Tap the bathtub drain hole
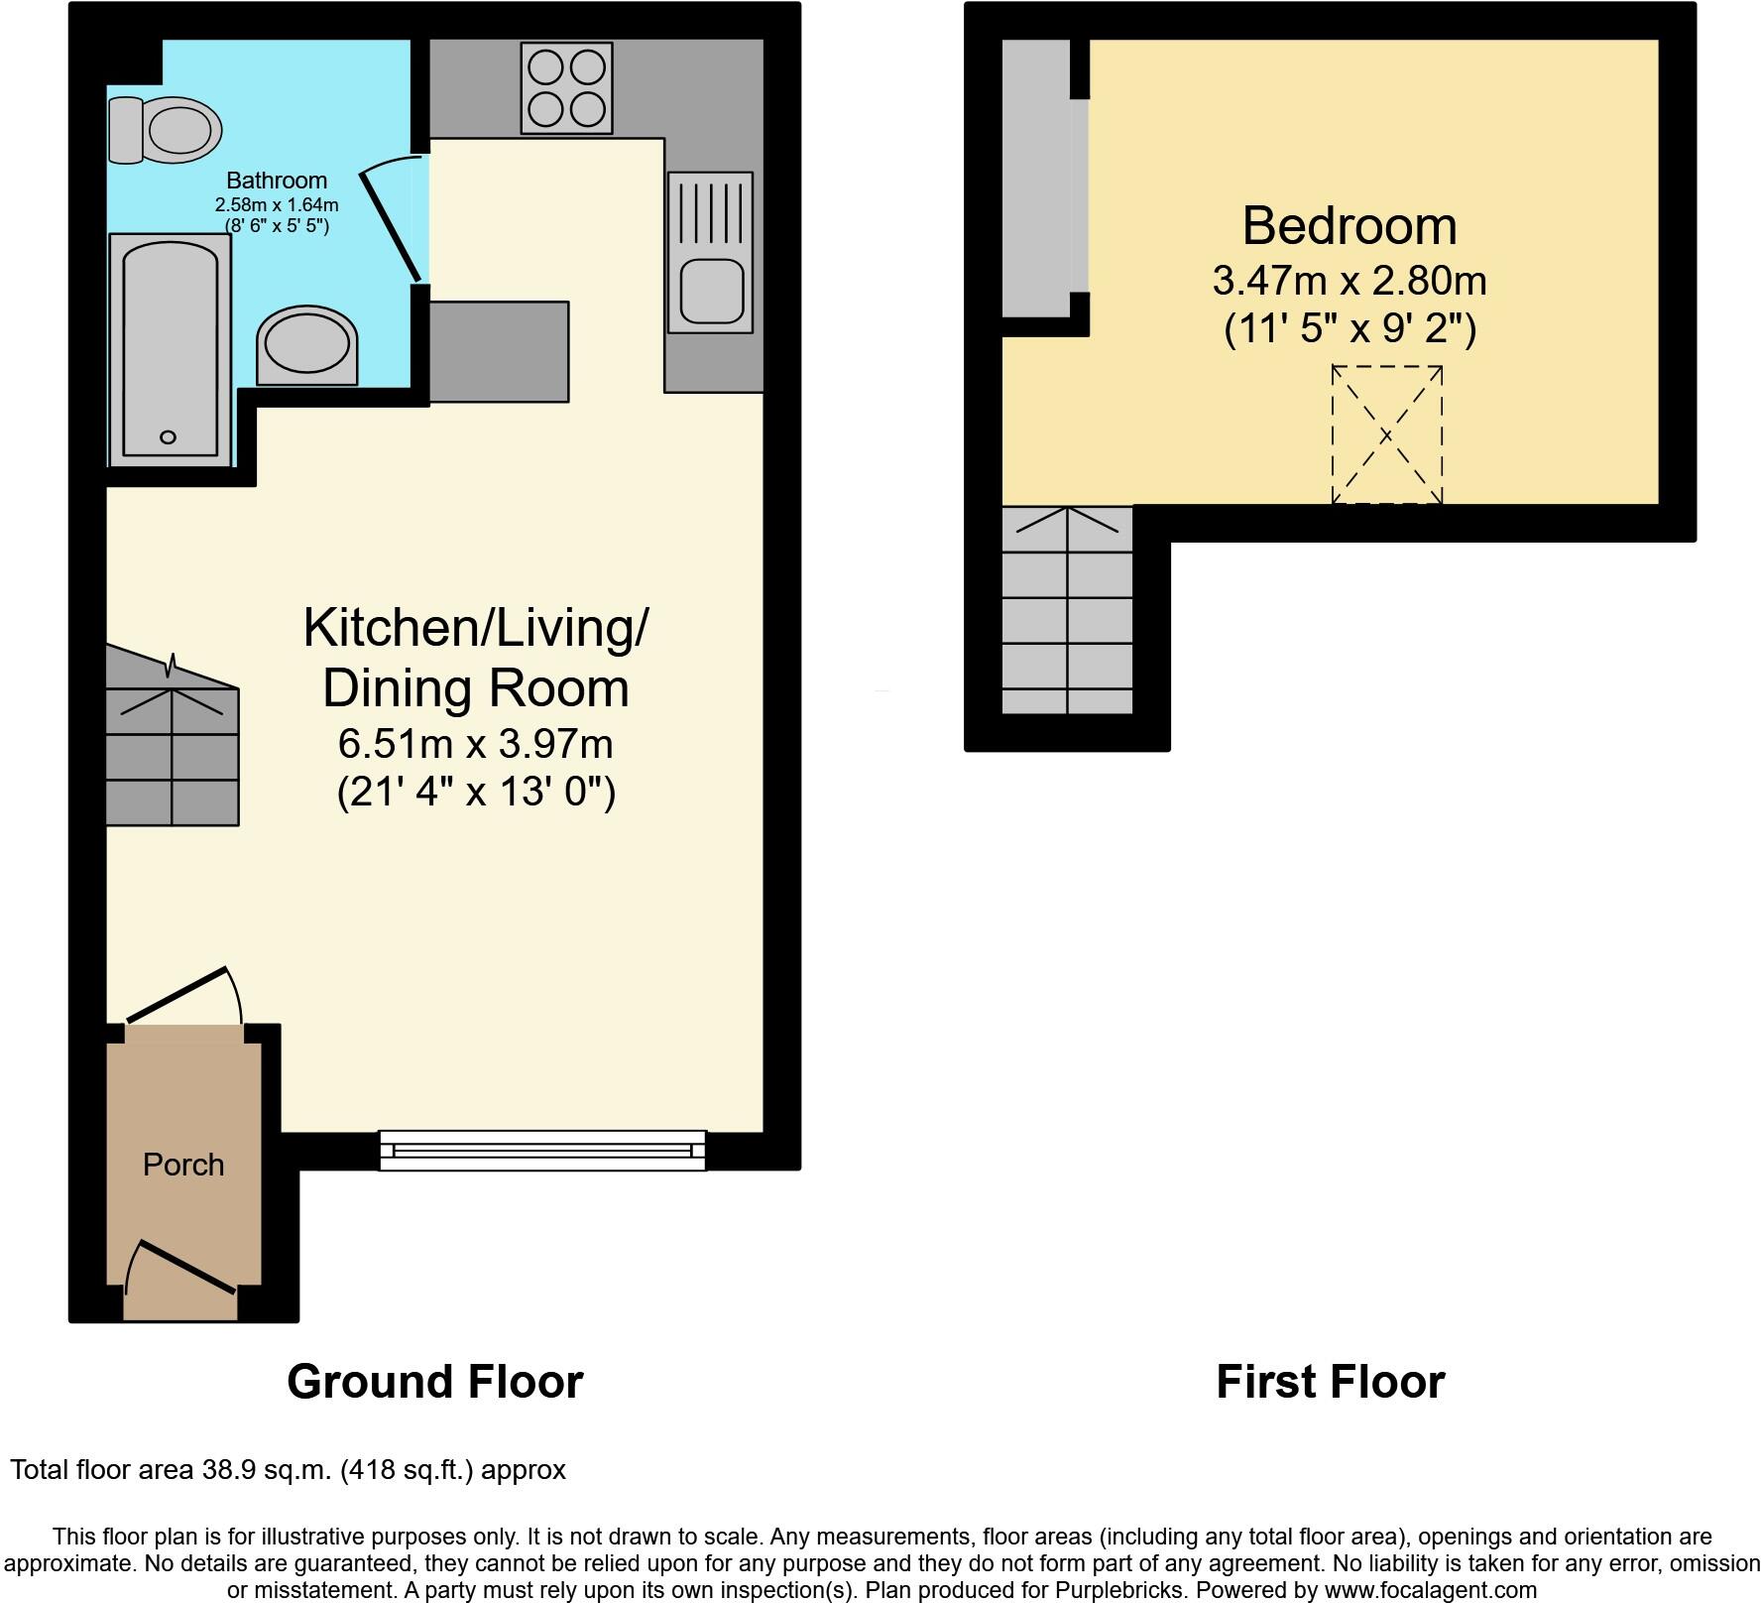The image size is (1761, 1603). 168,436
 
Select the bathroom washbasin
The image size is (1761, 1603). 306,346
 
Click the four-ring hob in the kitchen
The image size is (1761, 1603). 566,88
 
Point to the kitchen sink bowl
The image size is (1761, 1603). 710,291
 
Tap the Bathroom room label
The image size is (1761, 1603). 277,181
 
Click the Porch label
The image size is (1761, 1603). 183,1165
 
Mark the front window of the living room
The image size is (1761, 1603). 542,1151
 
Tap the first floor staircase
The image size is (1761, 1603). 1067,610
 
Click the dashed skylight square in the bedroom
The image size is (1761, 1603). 1386,434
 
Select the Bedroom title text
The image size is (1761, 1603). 1350,226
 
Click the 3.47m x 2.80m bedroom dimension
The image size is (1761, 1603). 1350,281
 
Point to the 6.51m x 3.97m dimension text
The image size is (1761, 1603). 476,743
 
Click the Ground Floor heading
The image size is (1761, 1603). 434,1382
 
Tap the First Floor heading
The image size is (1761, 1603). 1330,1382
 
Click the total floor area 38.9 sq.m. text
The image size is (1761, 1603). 288,1469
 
